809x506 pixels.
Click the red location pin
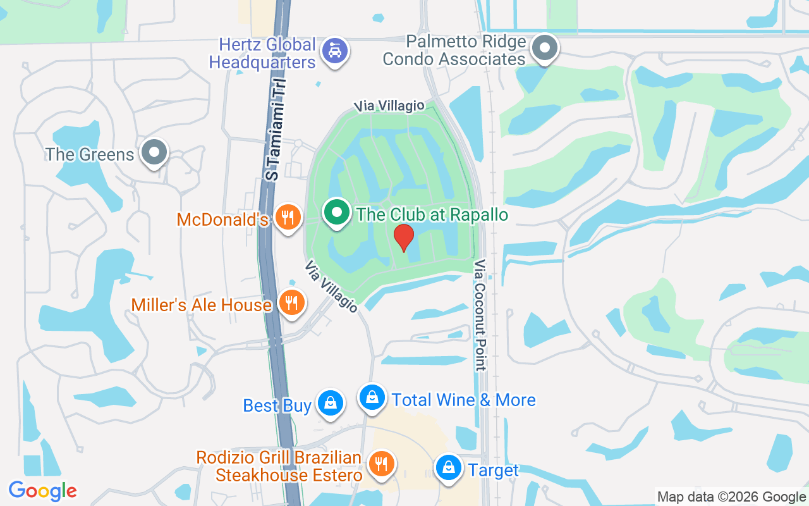pos(404,237)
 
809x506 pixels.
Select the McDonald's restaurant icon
pos(288,218)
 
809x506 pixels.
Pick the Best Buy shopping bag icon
pos(329,402)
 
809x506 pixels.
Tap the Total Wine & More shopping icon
pos(372,397)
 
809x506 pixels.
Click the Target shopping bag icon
pos(448,468)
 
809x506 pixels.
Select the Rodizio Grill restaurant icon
pos(380,464)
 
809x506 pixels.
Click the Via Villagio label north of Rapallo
pos(389,106)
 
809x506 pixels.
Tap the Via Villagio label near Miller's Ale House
pos(331,286)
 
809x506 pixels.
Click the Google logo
pos(43,490)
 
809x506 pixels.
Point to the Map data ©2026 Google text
pos(731,497)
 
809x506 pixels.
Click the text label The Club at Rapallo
pos(432,214)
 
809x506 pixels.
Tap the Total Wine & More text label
pos(463,400)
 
